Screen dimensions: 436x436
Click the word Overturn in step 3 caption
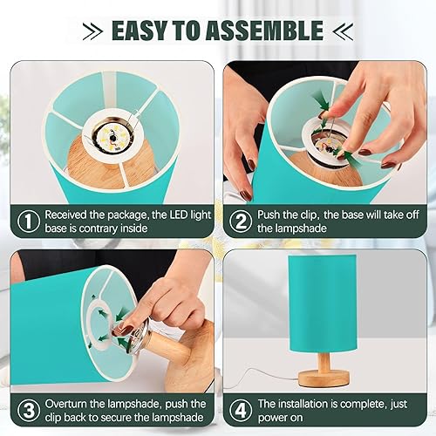(71, 404)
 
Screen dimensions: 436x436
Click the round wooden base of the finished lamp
(324, 376)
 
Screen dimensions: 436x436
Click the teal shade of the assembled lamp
(324, 301)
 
